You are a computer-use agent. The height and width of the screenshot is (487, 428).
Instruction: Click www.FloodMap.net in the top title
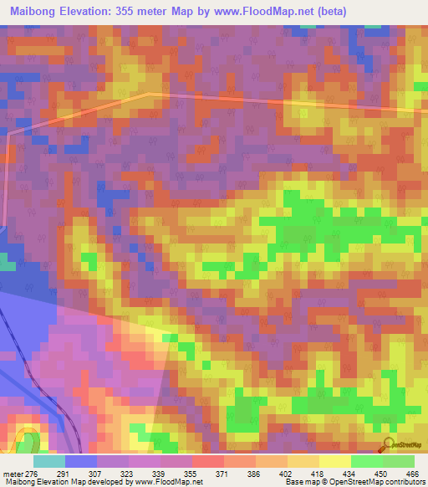click(257, 11)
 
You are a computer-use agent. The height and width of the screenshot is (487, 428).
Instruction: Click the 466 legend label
click(410, 474)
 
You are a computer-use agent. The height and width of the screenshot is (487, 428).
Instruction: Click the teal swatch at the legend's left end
click(48, 461)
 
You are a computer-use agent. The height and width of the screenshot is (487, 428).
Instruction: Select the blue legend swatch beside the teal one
click(80, 461)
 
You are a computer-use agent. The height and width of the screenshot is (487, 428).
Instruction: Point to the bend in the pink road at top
click(150, 95)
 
